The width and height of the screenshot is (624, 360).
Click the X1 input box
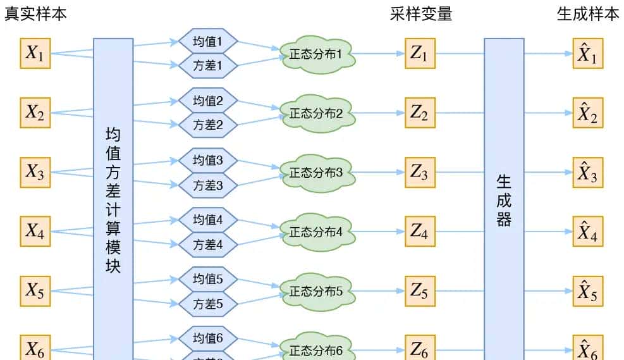[35, 54]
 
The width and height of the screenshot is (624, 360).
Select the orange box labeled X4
[35, 232]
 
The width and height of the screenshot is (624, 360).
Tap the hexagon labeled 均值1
[208, 42]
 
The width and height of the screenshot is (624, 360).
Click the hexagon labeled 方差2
[208, 125]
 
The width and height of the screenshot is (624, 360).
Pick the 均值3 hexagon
[208, 160]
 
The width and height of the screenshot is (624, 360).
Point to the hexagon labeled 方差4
[208, 244]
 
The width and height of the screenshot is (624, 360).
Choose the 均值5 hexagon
[208, 278]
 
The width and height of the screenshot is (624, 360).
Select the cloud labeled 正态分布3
[316, 173]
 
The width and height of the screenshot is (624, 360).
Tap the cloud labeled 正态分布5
[316, 292]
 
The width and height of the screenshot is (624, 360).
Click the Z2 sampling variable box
[419, 113]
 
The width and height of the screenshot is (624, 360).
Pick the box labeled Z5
[419, 292]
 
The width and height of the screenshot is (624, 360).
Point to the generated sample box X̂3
[588, 173]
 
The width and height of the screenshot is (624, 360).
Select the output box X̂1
[588, 54]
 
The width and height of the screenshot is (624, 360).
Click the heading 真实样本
[35, 14]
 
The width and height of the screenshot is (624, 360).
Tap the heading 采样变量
[421, 14]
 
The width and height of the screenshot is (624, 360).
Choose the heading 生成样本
[588, 14]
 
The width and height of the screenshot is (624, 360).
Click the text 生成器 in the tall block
[504, 201]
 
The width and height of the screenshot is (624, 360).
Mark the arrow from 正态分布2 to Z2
[379, 113]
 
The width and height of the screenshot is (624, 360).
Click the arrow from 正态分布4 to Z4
[379, 232]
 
